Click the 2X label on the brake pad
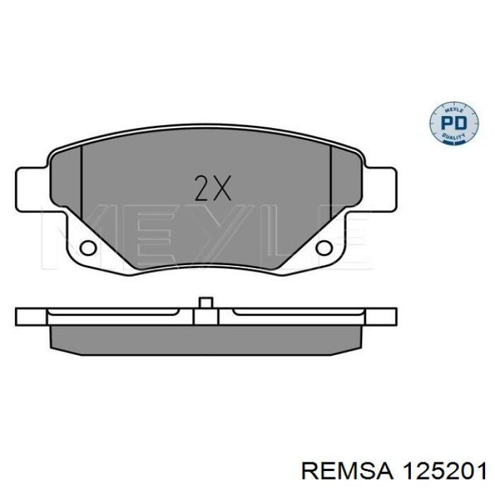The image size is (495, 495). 213,188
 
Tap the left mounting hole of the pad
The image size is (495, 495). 88,248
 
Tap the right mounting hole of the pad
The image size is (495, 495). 324,248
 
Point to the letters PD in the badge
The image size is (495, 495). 454,123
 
